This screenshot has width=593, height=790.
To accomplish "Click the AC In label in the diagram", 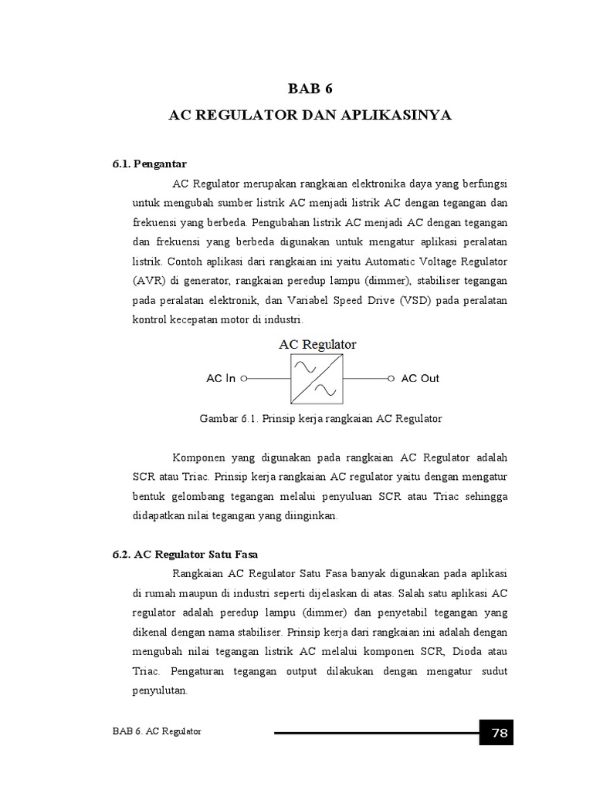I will coord(221,379).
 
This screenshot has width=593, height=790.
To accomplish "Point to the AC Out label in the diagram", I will coord(420,379).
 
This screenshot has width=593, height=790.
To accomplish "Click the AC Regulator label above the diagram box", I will coord(317,345).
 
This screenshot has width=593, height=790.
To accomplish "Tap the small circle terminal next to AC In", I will coord(244,379).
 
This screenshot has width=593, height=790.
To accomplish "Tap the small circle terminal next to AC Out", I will coord(391,379).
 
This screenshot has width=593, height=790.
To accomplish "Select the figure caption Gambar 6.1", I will coord(320,419).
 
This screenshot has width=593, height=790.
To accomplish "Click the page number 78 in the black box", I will coord(499,733).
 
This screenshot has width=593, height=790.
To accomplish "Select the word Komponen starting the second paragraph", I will coord(202,457).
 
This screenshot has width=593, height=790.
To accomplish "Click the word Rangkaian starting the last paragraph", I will coord(200,574).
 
